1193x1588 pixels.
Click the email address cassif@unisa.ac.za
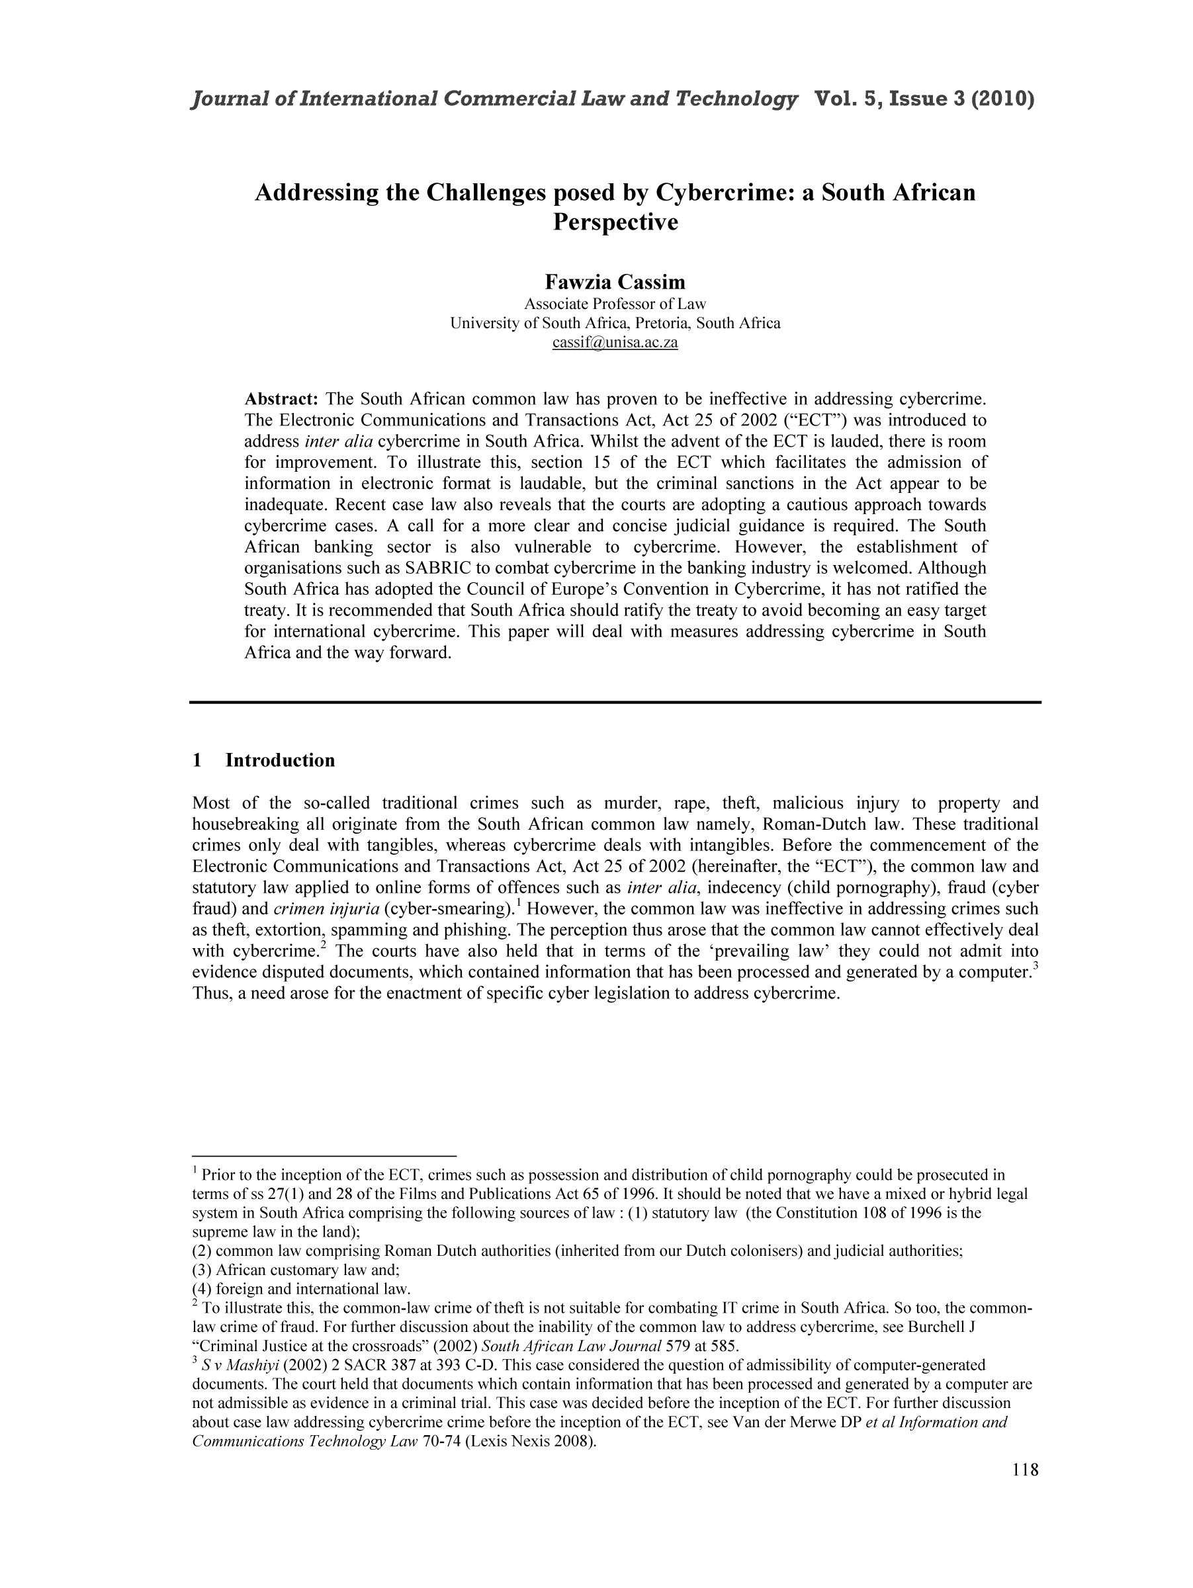(615, 343)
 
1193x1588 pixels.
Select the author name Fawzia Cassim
(615, 281)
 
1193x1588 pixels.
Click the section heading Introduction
(280, 760)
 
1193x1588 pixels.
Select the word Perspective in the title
(615, 222)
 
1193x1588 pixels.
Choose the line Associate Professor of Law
(615, 304)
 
